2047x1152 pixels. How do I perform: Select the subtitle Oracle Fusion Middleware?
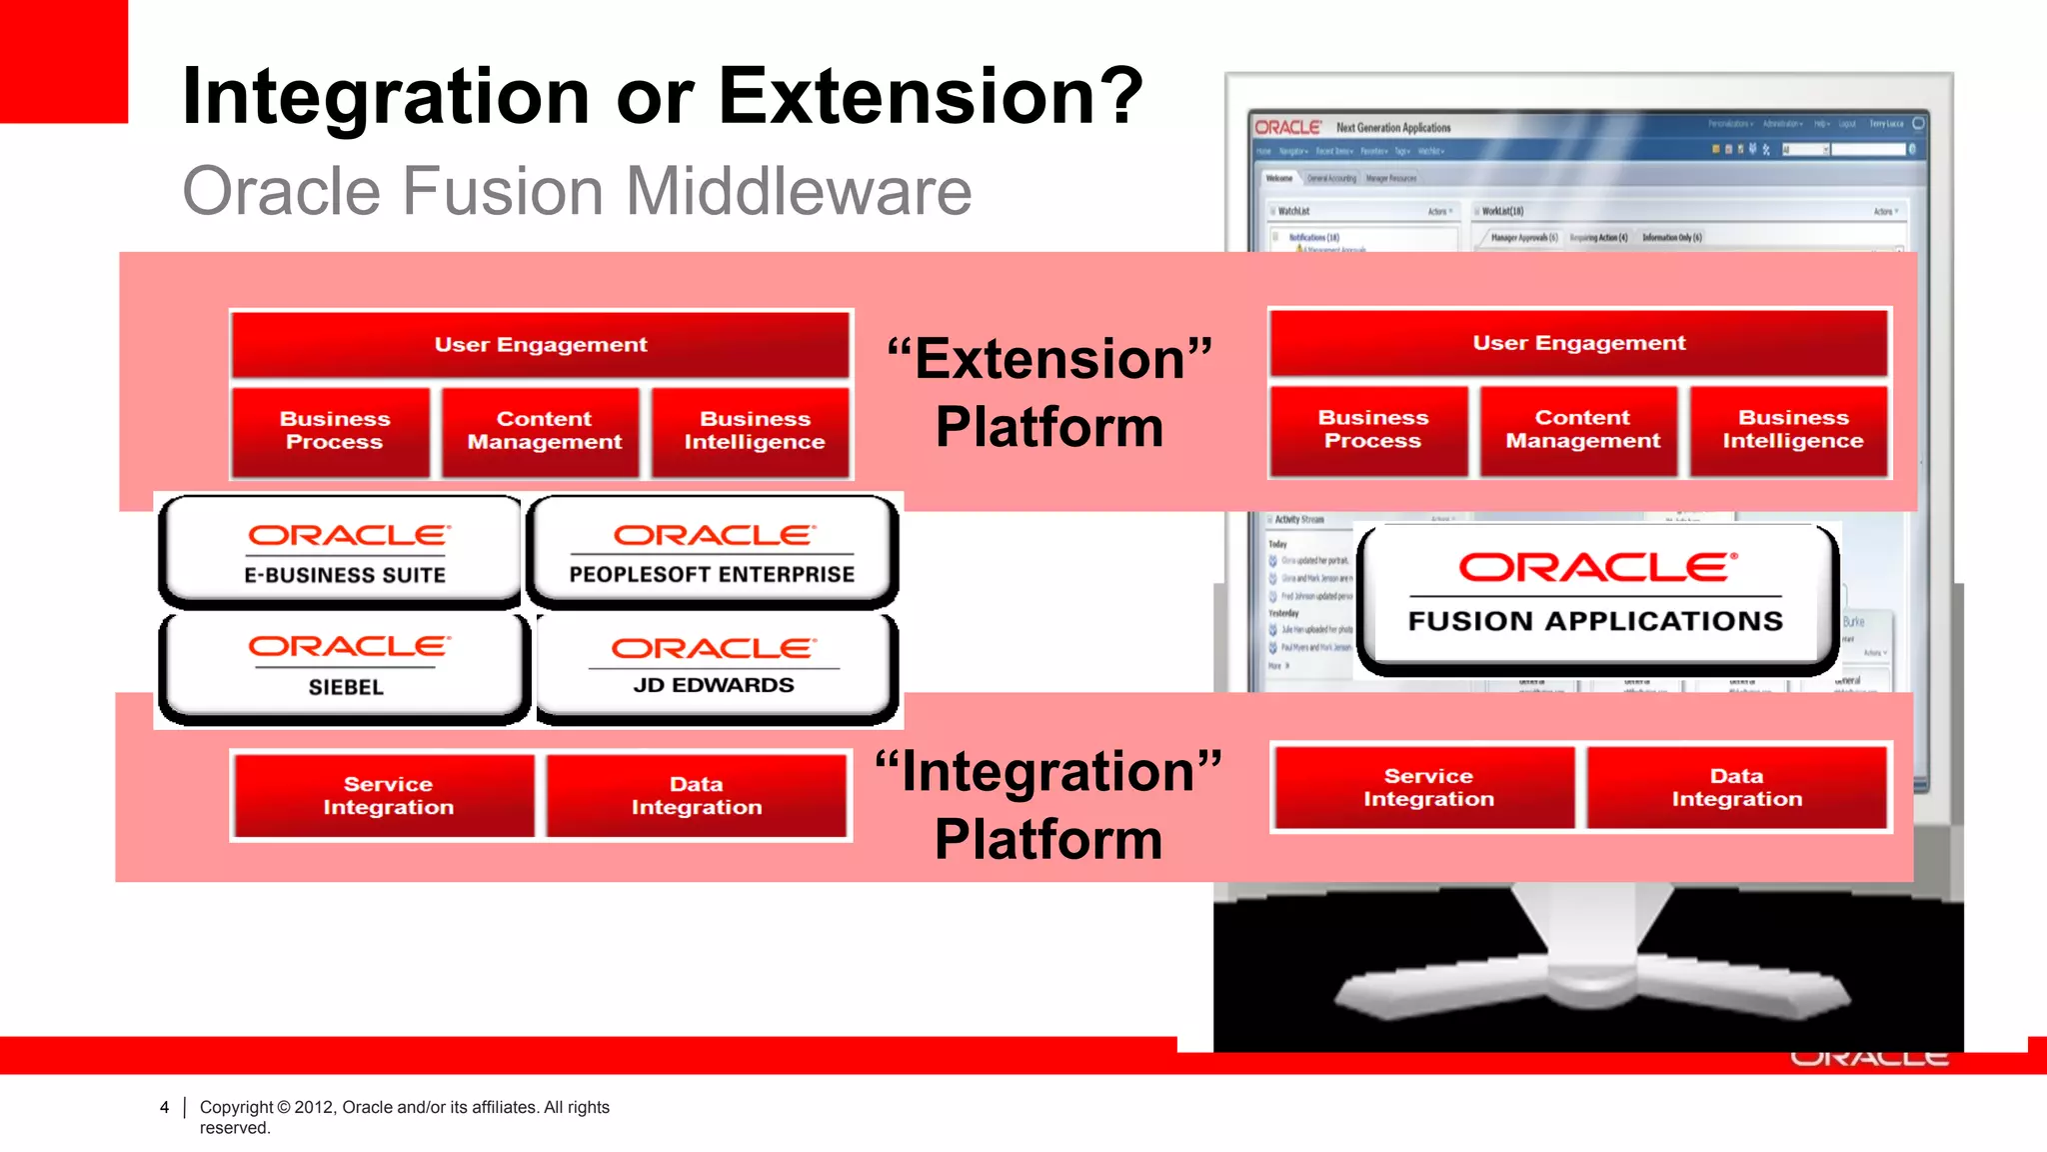point(577,191)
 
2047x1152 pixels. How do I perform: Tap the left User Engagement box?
point(540,345)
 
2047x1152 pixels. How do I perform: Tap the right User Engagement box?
point(1578,343)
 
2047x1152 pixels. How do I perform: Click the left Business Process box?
point(334,431)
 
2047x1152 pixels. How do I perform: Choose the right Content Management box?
point(1582,430)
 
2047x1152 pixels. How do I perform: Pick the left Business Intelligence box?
point(754,431)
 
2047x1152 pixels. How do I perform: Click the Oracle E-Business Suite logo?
point(345,552)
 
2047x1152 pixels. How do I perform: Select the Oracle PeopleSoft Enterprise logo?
point(712,552)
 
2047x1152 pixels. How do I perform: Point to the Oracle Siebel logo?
point(345,665)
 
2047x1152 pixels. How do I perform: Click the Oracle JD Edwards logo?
point(712,665)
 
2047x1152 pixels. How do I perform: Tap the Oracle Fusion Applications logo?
point(1595,594)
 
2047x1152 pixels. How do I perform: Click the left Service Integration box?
point(388,796)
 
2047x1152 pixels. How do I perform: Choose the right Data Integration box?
point(1736,788)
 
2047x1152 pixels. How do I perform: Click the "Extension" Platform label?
point(1049,392)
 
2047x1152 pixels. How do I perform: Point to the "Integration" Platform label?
point(1048,805)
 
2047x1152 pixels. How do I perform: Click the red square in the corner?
point(63,60)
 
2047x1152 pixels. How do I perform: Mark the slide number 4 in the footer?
point(164,1107)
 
